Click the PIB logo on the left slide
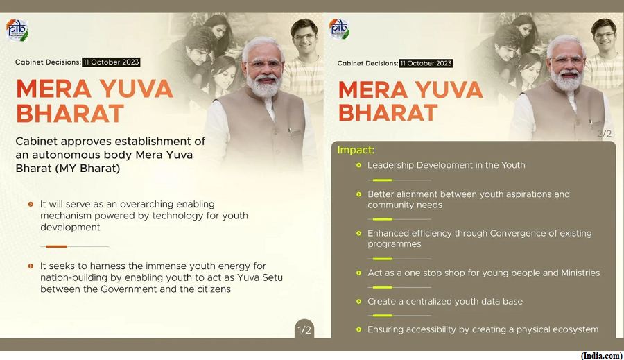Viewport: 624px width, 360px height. (17, 30)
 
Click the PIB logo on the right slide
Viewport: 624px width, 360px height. (339, 29)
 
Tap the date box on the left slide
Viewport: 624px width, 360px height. (111, 62)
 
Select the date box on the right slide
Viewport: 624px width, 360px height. (426, 63)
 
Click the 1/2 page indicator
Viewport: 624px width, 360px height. (304, 330)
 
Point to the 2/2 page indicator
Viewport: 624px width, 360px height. (604, 133)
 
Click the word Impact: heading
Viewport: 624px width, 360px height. (356, 150)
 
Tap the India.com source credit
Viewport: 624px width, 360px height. (602, 356)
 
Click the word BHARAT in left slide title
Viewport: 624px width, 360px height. (70, 114)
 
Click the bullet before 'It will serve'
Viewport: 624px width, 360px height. (31, 205)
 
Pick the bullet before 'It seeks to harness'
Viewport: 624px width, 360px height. (31, 266)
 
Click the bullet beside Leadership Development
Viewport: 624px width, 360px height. (358, 165)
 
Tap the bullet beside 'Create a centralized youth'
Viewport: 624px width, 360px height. (358, 302)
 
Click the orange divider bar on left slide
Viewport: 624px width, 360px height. (57, 246)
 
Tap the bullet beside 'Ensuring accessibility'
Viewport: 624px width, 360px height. (358, 329)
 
